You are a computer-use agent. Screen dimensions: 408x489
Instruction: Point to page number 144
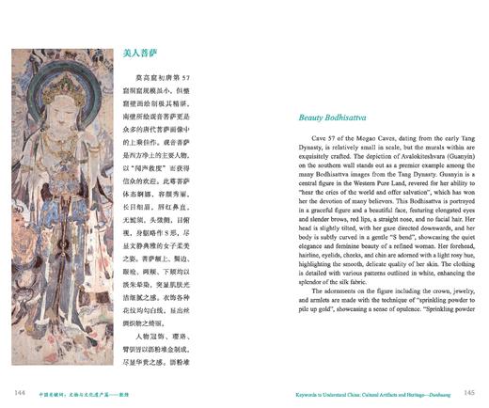pos(18,391)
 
